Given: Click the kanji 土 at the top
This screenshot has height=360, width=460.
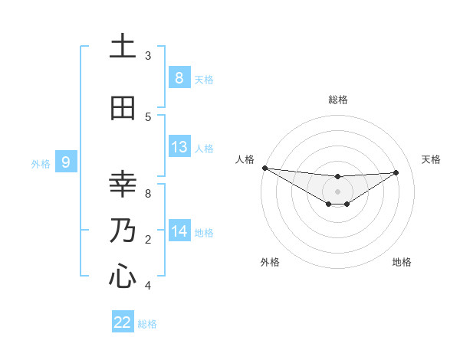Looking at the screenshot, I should coord(123,47).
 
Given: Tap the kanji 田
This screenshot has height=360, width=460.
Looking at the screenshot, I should coord(123,108).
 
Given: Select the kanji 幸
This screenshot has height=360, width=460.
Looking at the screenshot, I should coord(123,184).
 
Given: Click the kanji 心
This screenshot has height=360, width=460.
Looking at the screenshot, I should coord(123,277).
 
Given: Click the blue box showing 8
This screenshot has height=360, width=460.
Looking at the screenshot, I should coord(179,78).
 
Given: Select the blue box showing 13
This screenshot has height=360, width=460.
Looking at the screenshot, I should coord(179,147).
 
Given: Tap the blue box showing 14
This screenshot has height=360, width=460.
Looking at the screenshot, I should coord(179,231).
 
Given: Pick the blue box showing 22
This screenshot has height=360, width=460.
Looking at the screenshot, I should coord(123,322).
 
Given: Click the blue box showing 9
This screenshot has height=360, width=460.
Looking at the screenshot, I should coord(66,162).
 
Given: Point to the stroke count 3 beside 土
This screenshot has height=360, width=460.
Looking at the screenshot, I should coord(148,56).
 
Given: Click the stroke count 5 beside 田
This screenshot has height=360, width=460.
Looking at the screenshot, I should coord(148,117).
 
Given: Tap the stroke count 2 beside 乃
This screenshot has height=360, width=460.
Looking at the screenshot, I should coord(148,240).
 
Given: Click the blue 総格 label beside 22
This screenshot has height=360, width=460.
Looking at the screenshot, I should coord(148,324).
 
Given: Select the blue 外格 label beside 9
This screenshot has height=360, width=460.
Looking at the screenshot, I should coord(41,163).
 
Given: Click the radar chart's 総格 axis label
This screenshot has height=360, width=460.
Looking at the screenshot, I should coord(337,100).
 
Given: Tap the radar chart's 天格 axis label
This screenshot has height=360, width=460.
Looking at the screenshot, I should coord(432,159).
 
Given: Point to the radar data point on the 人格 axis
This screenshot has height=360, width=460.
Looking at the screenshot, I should coord(264,168).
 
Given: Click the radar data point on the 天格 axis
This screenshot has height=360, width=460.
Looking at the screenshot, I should coord(396,172).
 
